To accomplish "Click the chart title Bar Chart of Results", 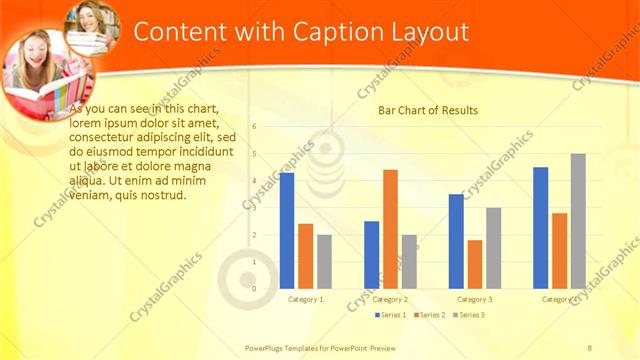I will point(427,110).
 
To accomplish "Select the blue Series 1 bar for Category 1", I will point(287,230).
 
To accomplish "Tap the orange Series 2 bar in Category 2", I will point(390,229).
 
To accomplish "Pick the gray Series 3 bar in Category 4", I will point(578,221).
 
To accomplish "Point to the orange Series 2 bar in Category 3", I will point(475,264).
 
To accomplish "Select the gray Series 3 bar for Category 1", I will point(325,261).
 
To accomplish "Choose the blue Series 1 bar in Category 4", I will point(541,227).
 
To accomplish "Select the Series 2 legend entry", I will point(430,315).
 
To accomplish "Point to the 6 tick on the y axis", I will point(254,127).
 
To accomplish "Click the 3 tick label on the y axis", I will point(254,208).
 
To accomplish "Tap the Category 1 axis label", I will point(306,299).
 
